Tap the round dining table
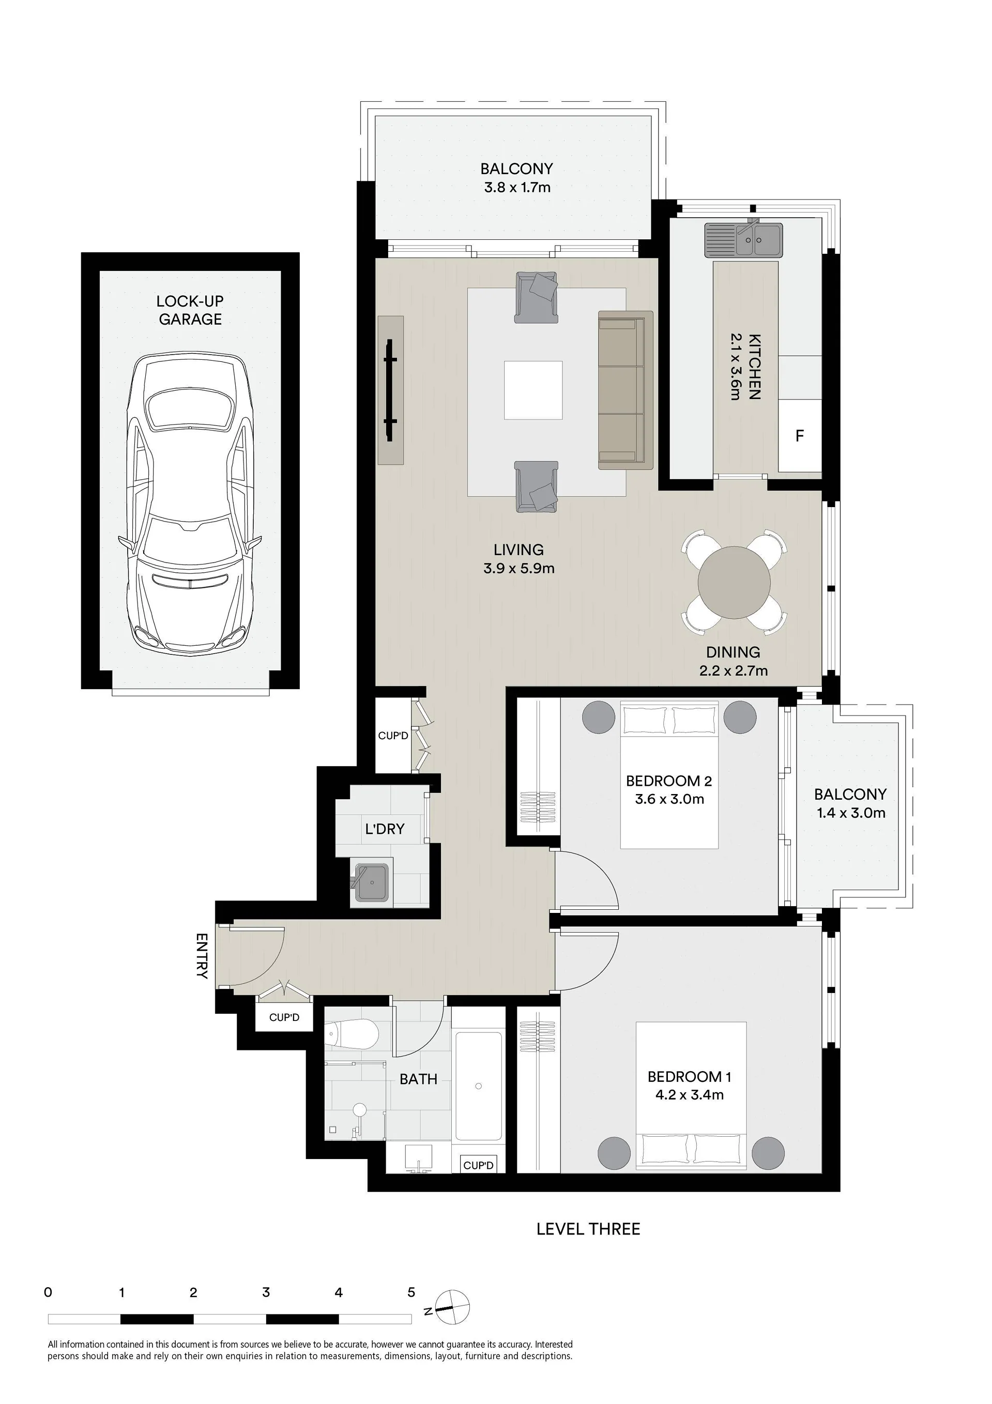point(734,582)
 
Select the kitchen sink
point(743,240)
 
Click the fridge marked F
point(799,435)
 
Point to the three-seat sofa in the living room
point(625,390)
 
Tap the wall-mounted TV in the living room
point(390,390)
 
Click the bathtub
point(479,1086)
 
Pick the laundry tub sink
point(372,882)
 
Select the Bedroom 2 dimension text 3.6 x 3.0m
point(669,799)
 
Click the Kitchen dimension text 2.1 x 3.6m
point(736,367)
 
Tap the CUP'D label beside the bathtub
point(478,1166)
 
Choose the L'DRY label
point(385,829)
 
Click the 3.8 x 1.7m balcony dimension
point(517,187)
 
